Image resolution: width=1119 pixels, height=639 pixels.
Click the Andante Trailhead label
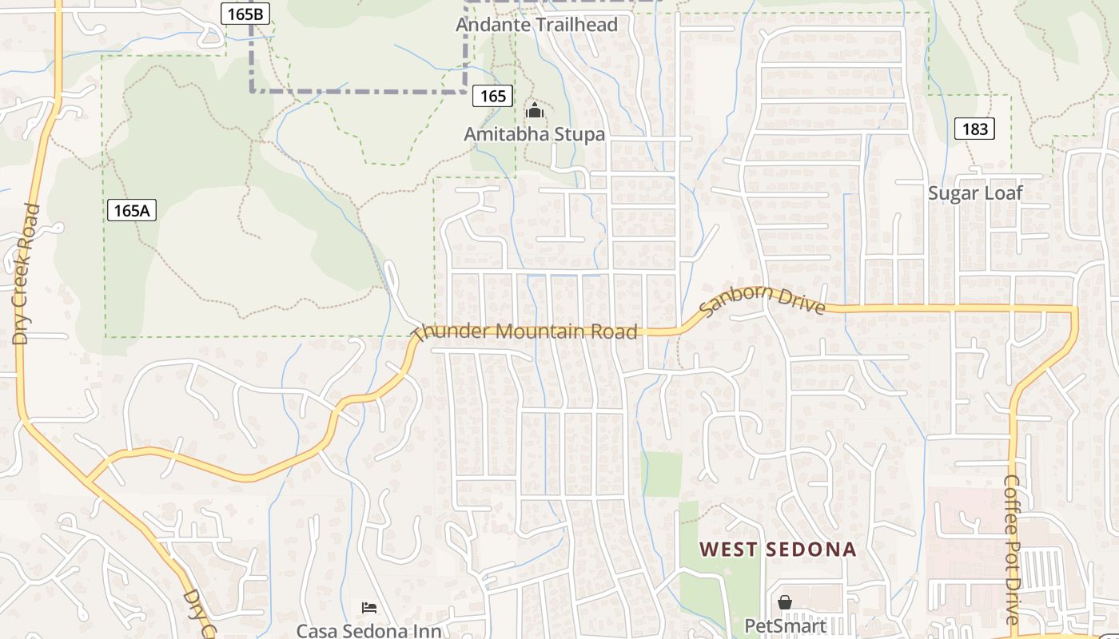536,25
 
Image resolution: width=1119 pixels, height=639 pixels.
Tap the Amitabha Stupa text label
534,134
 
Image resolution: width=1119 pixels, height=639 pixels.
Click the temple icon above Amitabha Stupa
535,110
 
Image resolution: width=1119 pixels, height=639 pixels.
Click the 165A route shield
132,211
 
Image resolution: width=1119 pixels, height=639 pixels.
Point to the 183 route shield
974,129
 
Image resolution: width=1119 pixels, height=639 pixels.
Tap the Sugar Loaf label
975,193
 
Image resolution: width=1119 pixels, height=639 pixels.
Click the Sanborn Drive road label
762,302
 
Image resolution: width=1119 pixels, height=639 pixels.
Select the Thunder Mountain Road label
527,331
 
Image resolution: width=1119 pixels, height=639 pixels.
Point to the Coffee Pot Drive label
1013,550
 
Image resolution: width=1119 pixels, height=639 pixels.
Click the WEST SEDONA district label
778,550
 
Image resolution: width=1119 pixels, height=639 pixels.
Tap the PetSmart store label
784,625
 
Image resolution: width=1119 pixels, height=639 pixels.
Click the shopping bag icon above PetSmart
785,602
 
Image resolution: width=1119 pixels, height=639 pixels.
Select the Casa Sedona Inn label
368,630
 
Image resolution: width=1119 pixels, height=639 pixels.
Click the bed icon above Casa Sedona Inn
369,608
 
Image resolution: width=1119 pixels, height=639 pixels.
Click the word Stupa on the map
574,134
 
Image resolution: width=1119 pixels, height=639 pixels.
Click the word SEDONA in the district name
810,550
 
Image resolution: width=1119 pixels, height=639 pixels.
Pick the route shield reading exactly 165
492,97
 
